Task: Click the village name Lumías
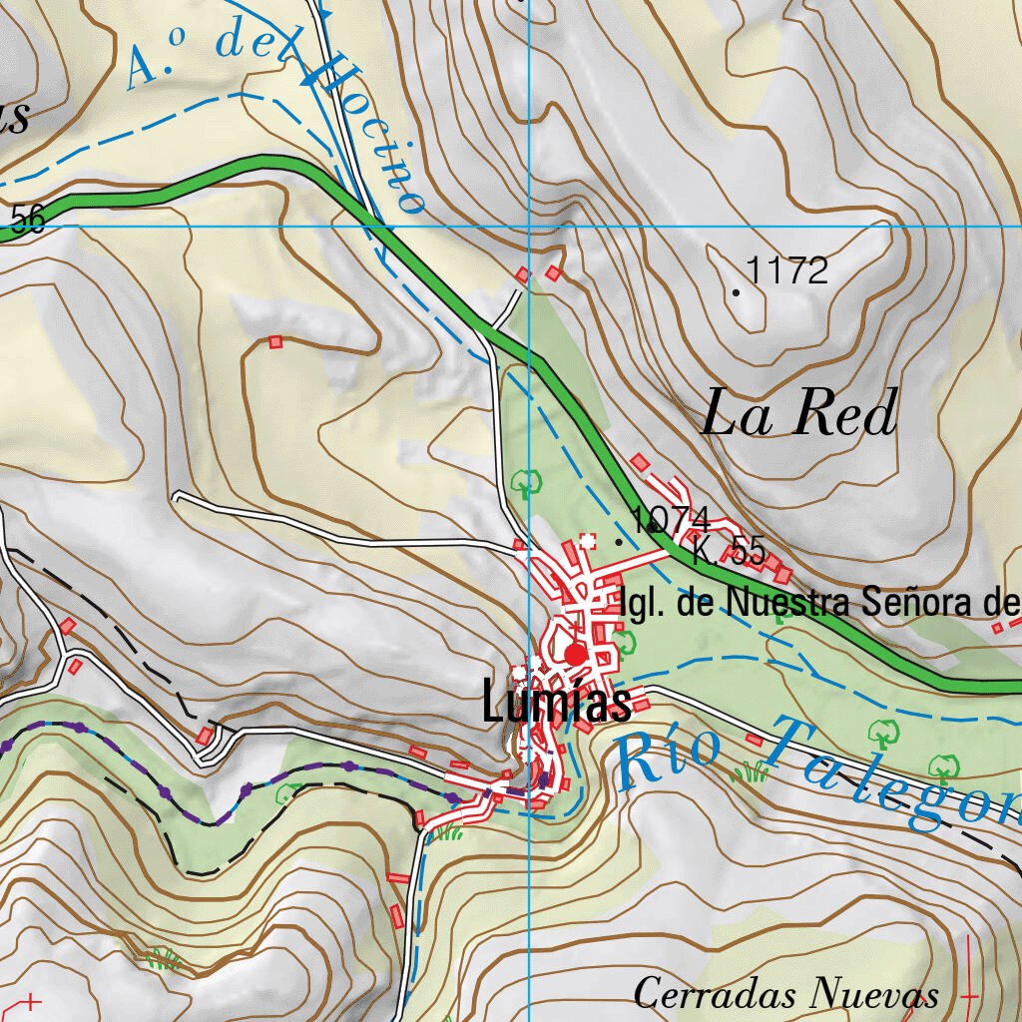point(556,703)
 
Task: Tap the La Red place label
point(799,414)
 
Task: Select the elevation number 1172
point(787,270)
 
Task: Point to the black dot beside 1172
point(737,292)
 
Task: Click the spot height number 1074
point(671,519)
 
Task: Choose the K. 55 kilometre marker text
point(729,551)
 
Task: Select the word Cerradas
point(716,994)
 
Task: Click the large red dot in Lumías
point(576,654)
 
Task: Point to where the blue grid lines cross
point(528,227)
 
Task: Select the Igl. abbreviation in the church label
point(643,603)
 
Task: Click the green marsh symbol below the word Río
point(749,770)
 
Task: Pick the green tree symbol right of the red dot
point(625,641)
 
